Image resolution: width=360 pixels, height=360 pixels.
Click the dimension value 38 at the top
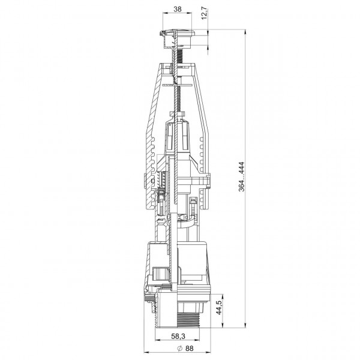[177, 9]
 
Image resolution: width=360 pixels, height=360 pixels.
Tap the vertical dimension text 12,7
[205, 14]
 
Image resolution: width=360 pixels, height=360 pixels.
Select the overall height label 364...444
[241, 177]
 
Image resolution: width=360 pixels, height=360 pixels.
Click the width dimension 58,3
[178, 336]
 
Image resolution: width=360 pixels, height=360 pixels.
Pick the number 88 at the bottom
[190, 348]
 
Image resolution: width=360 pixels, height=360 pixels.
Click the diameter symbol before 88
[180, 348]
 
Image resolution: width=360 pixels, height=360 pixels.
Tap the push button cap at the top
[177, 32]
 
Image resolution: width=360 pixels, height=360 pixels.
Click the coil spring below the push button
[181, 55]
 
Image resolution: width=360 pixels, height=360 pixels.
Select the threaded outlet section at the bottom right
[188, 319]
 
